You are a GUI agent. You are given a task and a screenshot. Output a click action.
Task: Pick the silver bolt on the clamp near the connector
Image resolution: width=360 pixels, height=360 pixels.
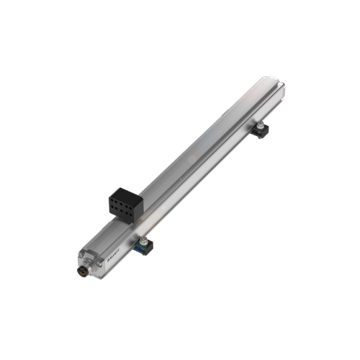pyautogui.click(x=145, y=240)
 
